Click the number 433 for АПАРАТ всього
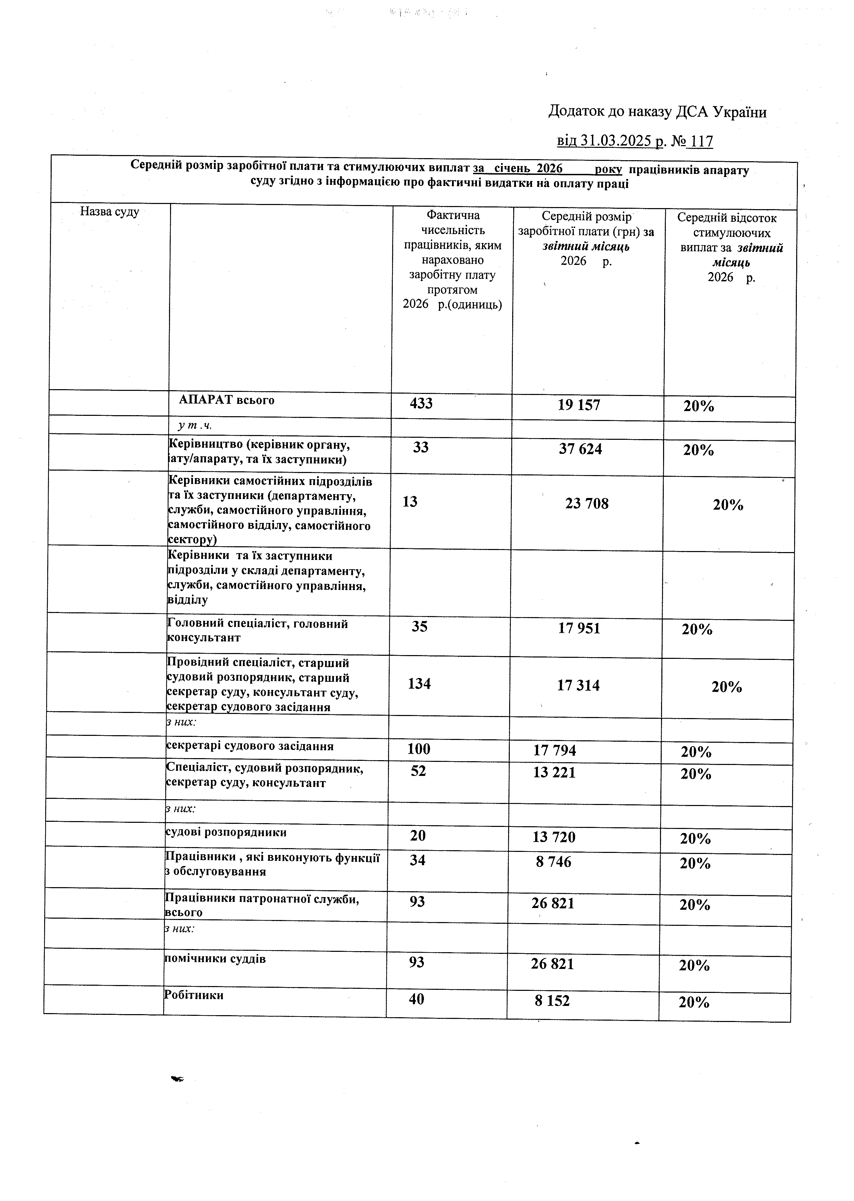click(x=421, y=404)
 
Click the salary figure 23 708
click(x=587, y=503)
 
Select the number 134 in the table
click(x=419, y=684)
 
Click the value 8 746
click(x=553, y=862)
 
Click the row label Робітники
click(x=194, y=995)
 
